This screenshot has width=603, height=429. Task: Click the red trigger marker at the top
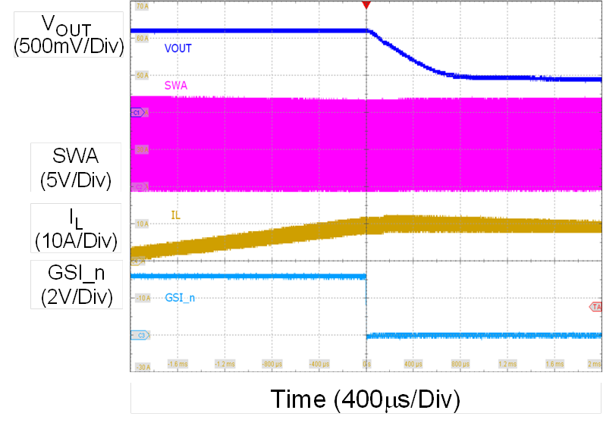[x=366, y=5]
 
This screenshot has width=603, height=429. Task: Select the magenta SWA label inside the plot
[x=176, y=86]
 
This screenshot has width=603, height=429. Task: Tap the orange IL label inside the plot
[x=176, y=216]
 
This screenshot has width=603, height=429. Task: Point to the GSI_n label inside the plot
[x=180, y=298]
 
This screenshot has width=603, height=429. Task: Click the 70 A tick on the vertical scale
[x=141, y=6]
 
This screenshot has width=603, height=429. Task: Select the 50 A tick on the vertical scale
[x=141, y=76]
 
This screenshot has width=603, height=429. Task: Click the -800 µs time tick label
[x=272, y=364]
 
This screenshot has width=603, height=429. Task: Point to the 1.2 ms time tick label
[x=507, y=364]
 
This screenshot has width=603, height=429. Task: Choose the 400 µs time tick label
[x=413, y=364]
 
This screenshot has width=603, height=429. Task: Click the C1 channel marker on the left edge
[x=137, y=112]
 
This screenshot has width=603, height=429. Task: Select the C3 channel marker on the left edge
[x=138, y=334]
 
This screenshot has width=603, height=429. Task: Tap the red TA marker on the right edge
[x=596, y=306]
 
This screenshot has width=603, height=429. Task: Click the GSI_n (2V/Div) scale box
[x=68, y=284]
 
